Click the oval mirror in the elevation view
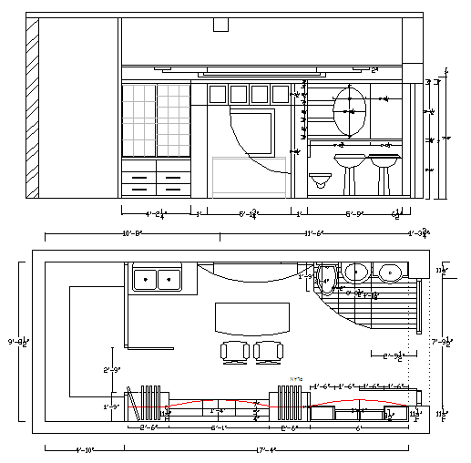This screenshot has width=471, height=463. pyautogui.click(x=351, y=111)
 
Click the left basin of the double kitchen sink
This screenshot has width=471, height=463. pyautogui.click(x=145, y=279)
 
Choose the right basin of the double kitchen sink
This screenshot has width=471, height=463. pyautogui.click(x=168, y=279)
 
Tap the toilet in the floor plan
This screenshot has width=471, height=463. pyautogui.click(x=327, y=278)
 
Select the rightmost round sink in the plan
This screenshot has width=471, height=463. pyautogui.click(x=391, y=272)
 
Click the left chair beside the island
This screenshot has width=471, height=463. pyautogui.click(x=234, y=351)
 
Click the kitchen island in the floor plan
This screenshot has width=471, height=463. pyautogui.click(x=249, y=318)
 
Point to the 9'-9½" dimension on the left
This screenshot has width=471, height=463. pyautogui.click(x=15, y=342)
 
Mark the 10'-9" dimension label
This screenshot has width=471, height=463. pyautogui.click(x=132, y=233)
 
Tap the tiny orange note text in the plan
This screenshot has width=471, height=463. pyautogui.click(x=295, y=377)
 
